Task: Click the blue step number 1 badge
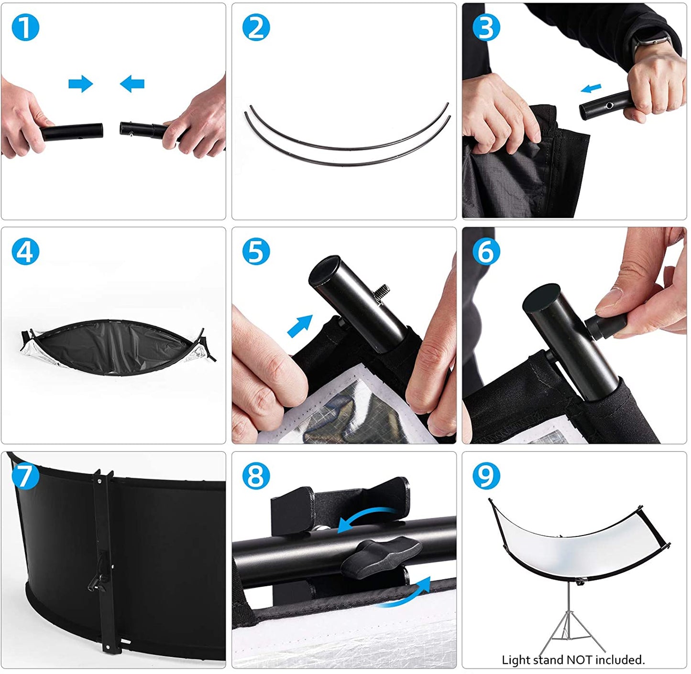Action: (x=25, y=27)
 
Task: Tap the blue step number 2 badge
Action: (x=256, y=27)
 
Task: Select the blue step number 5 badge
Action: (x=256, y=252)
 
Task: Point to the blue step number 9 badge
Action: (x=486, y=476)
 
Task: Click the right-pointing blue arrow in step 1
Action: (x=81, y=84)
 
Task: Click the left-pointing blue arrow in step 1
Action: (x=132, y=84)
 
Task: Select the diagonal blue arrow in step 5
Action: (x=300, y=326)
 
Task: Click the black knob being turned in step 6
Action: (x=605, y=326)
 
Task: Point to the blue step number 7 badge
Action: (x=25, y=476)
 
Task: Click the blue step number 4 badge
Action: (x=25, y=252)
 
